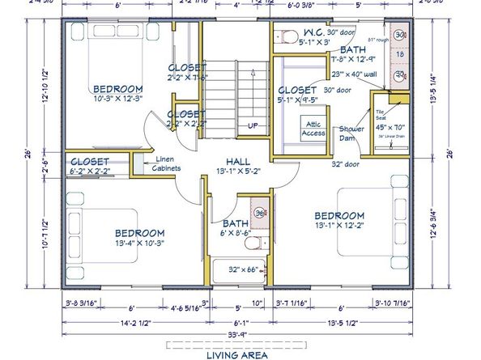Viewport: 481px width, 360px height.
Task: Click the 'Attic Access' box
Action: click(313, 128)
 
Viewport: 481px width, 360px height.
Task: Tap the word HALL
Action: click(238, 161)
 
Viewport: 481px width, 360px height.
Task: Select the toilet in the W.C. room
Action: click(283, 35)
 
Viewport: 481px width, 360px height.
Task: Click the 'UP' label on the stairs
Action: click(253, 125)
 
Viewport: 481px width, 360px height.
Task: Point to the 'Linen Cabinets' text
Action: click(168, 163)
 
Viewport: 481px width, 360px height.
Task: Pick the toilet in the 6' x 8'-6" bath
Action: click(252, 242)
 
